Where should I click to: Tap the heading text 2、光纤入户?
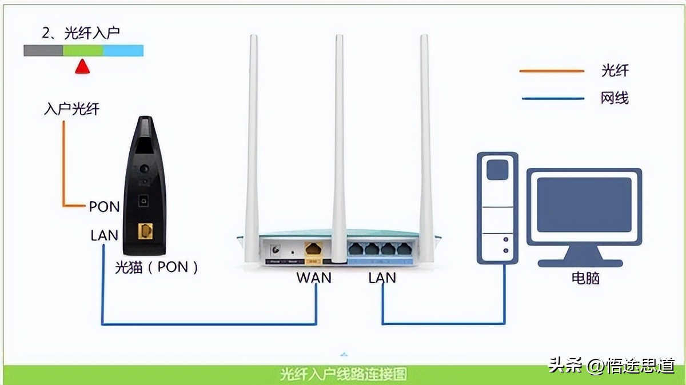coord(81,33)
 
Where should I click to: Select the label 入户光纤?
coord(71,109)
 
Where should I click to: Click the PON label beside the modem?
coord(104,207)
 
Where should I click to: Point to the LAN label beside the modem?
coord(104,235)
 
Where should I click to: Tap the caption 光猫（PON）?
coord(156,267)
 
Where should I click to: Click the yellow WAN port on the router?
coord(313,250)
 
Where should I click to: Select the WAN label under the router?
coord(313,278)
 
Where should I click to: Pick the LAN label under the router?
coord(382,278)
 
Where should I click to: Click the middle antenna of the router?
coord(339,143)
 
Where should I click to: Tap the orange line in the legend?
coord(552,71)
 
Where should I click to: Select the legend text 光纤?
coord(615,71)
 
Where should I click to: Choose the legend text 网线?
coord(615,98)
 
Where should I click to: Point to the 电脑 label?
coord(585,278)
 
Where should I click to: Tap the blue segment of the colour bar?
coord(123,51)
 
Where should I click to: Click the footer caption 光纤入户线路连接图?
coord(344,374)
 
